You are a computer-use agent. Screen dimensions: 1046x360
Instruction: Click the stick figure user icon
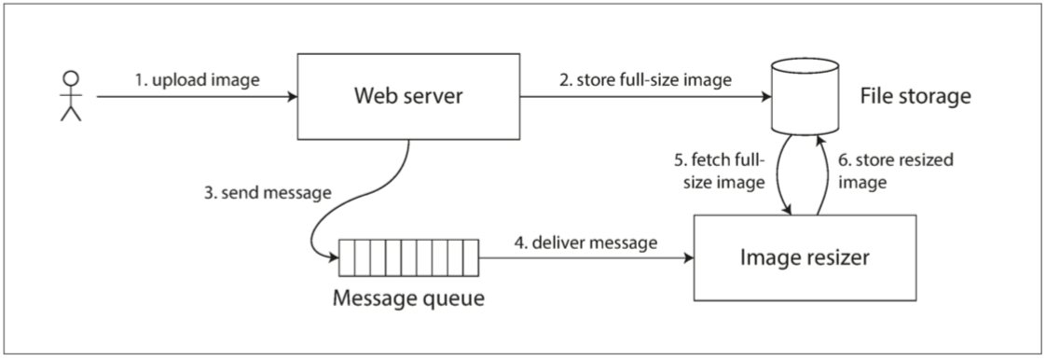click(x=70, y=96)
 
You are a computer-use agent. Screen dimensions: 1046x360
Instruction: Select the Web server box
click(x=408, y=97)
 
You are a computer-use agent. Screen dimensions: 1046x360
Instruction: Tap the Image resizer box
click(x=805, y=257)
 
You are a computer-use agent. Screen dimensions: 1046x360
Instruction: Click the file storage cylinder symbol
click(x=805, y=97)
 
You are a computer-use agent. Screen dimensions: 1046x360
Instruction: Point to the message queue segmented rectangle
click(x=408, y=257)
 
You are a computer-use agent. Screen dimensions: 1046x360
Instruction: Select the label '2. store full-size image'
click(x=646, y=80)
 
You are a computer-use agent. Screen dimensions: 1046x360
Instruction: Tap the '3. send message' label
click(x=268, y=194)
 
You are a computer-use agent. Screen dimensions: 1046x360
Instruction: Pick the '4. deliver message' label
click(x=585, y=243)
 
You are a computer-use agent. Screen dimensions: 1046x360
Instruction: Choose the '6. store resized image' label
click(x=895, y=171)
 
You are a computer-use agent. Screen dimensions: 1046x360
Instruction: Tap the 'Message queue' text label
click(x=408, y=297)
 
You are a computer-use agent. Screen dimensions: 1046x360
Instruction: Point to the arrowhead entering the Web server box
click(x=292, y=97)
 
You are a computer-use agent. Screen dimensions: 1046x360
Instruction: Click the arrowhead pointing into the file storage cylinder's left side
click(x=765, y=97)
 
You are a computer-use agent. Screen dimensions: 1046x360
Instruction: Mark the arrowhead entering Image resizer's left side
click(x=688, y=257)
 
